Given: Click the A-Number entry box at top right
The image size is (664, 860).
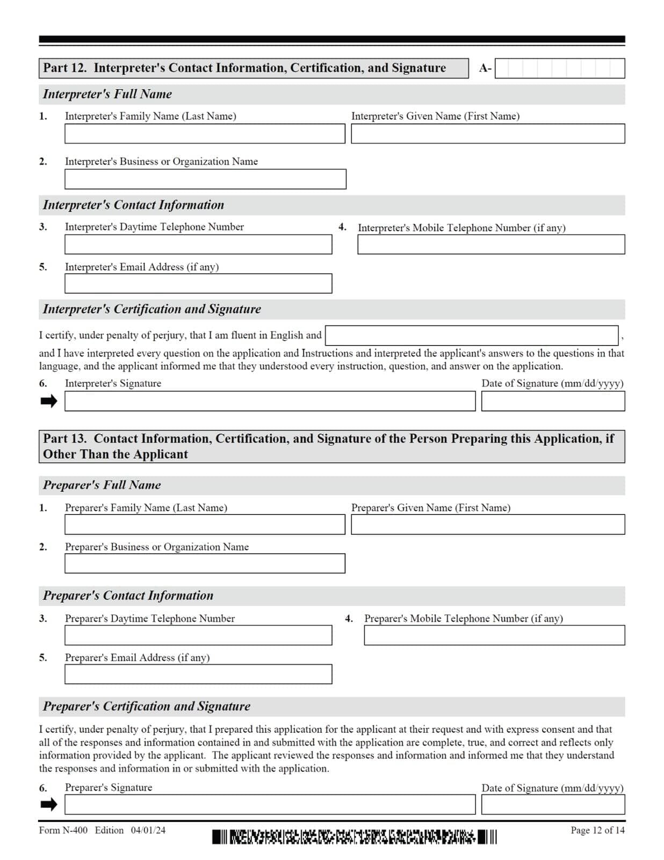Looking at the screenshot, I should [x=559, y=68].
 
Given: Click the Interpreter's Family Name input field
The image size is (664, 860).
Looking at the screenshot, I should [x=205, y=134].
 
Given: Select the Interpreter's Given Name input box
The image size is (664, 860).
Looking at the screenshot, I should [x=487, y=134].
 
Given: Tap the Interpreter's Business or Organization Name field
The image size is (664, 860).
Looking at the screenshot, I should [x=205, y=179].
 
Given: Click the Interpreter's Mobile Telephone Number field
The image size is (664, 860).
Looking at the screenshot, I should [x=490, y=245].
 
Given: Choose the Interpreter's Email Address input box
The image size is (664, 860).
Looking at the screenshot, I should [x=198, y=283].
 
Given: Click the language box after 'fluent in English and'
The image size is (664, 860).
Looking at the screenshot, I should [x=471, y=335].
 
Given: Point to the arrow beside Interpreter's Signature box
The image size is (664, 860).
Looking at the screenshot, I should [x=49, y=401].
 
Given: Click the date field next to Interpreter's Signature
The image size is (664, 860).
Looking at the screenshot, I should [x=552, y=401].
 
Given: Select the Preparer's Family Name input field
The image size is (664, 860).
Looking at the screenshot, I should [x=205, y=525].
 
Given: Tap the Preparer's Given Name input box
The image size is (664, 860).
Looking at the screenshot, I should [x=487, y=525].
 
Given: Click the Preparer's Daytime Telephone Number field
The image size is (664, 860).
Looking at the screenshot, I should [x=198, y=635].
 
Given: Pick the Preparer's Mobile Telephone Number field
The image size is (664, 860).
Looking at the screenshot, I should [x=494, y=635].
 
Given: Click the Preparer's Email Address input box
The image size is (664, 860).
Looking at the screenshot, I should [x=198, y=674].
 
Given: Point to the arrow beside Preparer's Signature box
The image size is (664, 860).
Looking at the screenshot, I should [x=49, y=804].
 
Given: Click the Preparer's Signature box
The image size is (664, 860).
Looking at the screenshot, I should [x=270, y=804].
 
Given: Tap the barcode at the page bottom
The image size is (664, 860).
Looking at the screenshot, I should [x=354, y=837].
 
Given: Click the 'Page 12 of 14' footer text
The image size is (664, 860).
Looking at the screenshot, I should [x=597, y=830].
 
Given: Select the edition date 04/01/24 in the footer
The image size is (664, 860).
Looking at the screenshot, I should [x=148, y=830].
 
